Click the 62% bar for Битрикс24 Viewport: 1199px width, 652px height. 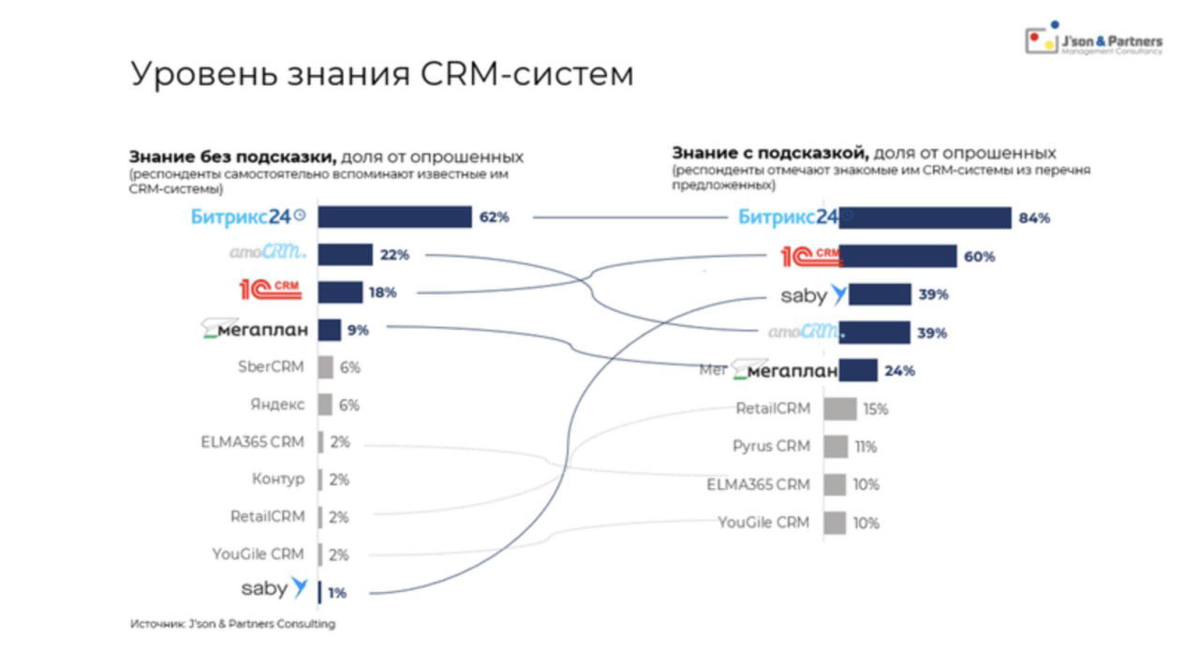[394, 217]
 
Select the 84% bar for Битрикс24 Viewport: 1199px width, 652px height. [925, 218]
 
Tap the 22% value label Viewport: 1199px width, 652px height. [394, 255]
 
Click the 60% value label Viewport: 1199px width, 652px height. [979, 257]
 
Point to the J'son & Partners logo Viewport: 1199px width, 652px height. [1093, 41]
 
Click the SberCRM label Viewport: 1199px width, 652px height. [271, 366]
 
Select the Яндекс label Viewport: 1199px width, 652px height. [276, 405]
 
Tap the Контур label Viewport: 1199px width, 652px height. [277, 479]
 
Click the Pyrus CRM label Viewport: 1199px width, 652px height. [771, 446]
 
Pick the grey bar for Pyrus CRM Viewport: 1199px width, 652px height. [836, 446]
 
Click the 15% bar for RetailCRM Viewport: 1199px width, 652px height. [839, 408]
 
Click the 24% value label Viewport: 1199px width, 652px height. [899, 370]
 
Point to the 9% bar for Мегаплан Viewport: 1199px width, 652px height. [329, 330]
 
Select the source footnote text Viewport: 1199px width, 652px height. [232, 624]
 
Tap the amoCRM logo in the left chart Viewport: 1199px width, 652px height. [268, 253]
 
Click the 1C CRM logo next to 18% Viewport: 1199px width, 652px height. [271, 290]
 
